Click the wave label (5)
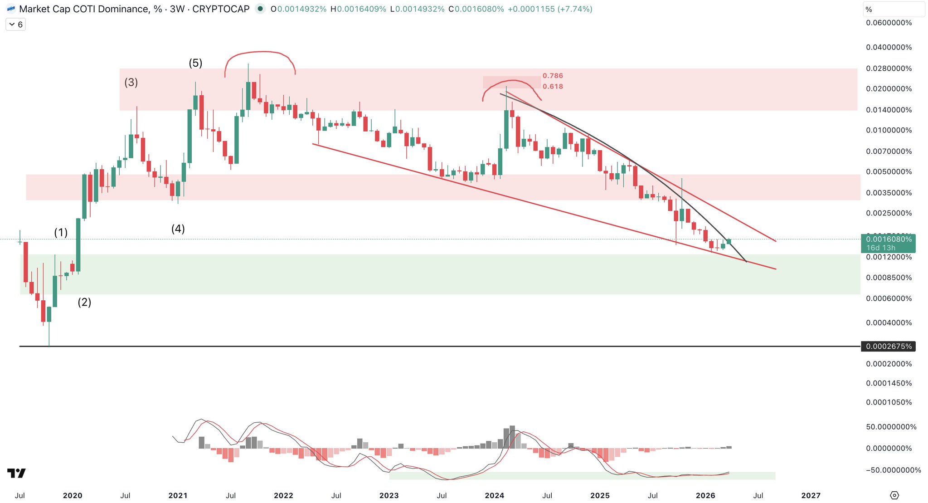tap(195, 63)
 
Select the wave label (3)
tap(131, 82)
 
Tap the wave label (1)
tap(61, 233)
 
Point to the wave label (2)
tap(84, 302)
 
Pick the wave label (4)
tap(178, 229)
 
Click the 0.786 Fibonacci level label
tap(553, 76)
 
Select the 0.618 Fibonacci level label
tap(553, 86)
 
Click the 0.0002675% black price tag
tap(888, 347)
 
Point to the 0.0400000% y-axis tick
tap(889, 47)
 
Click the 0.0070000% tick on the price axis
tap(889, 151)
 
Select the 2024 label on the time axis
tap(494, 495)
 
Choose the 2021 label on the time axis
tap(178, 495)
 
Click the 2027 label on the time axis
tap(811, 495)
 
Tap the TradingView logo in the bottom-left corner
tap(16, 473)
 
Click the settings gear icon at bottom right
tap(894, 495)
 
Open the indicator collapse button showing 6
tap(15, 24)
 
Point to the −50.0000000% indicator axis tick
tap(893, 470)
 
